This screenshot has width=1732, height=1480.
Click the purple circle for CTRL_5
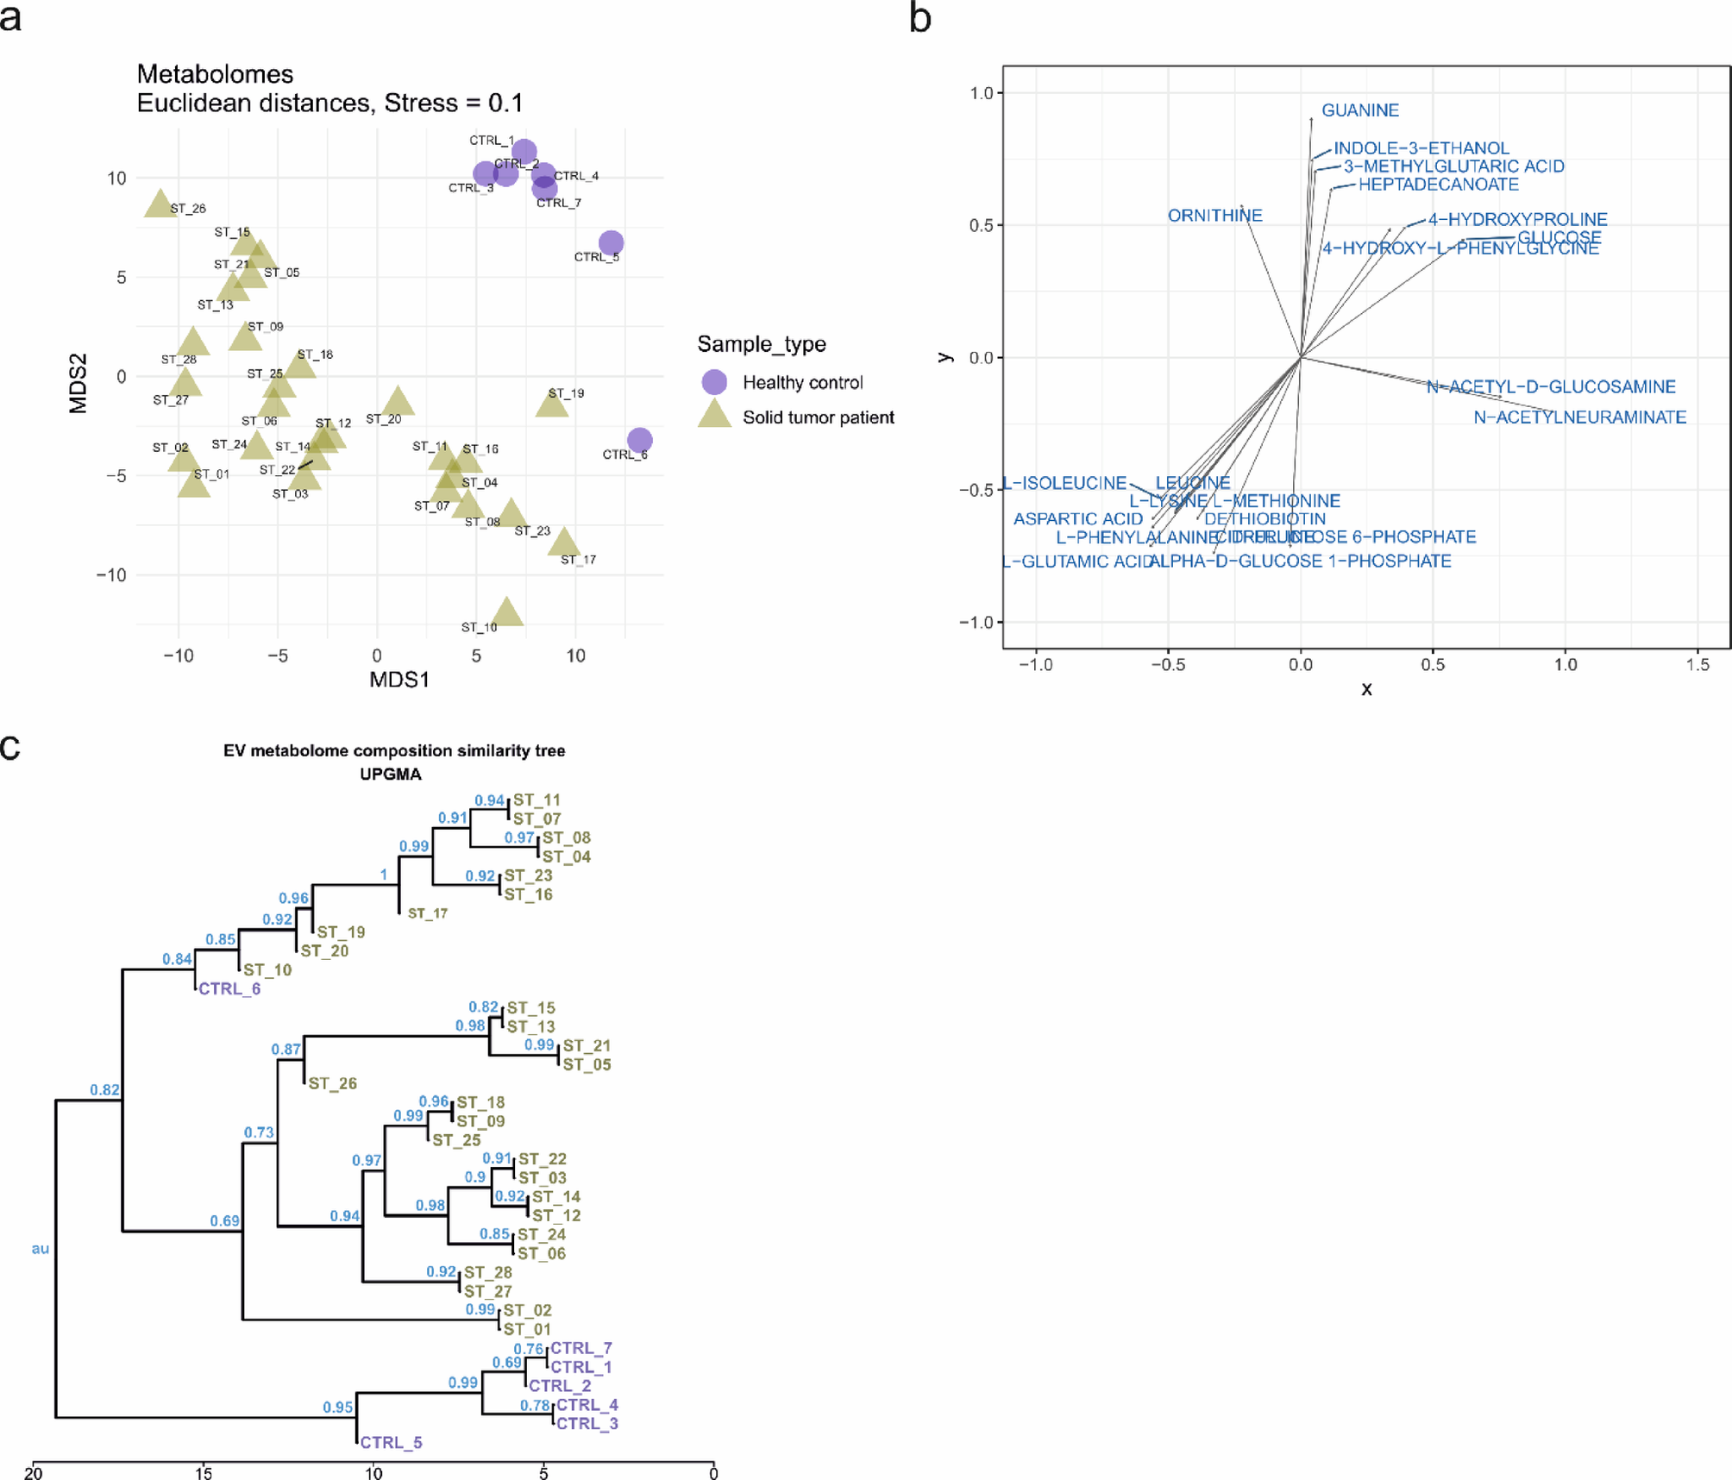point(611,242)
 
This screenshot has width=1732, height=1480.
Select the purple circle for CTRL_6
point(639,440)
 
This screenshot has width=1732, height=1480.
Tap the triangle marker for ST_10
point(507,612)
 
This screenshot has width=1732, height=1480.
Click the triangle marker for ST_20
point(398,402)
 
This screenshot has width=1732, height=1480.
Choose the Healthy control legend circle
point(714,382)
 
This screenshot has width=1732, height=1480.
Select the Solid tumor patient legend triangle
point(714,415)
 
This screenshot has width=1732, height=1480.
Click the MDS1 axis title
point(399,680)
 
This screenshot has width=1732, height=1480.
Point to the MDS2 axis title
point(78,383)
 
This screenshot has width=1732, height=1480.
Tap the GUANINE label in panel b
point(1360,110)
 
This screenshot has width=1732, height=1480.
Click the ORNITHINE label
point(1214,216)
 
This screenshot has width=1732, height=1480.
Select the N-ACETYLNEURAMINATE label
point(1579,417)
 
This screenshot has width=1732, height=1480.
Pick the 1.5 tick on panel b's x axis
point(1697,665)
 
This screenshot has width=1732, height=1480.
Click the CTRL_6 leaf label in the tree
point(229,988)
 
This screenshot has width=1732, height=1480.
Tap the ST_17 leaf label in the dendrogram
point(428,913)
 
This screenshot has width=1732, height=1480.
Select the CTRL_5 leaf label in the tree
point(391,1442)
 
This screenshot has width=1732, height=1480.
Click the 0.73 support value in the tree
point(259,1132)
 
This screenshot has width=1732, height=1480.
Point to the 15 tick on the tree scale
point(204,1473)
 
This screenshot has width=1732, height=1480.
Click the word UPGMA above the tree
point(391,774)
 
